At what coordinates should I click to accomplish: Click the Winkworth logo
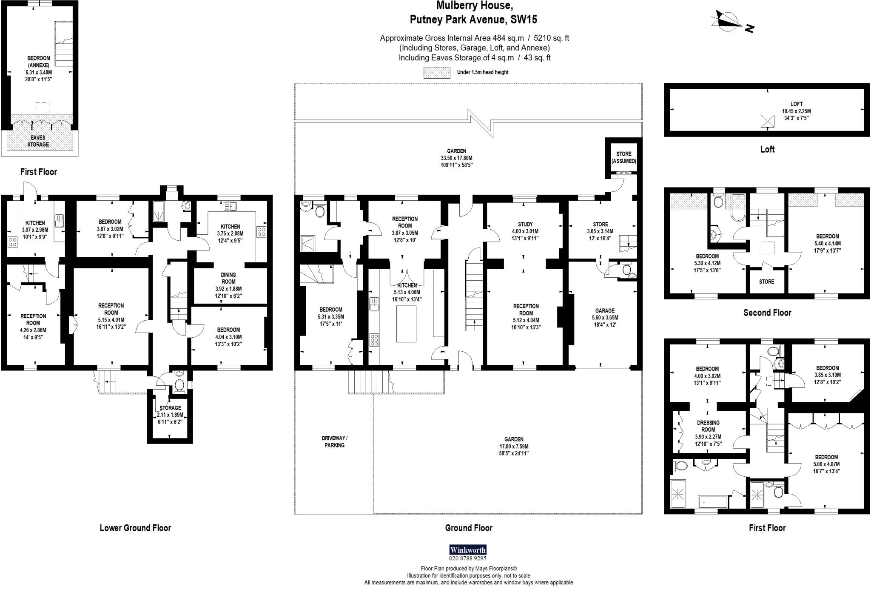468,550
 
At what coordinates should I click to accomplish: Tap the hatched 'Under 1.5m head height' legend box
437,72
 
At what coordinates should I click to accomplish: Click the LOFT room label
796,104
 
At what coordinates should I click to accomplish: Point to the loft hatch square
767,121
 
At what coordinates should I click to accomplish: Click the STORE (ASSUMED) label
623,157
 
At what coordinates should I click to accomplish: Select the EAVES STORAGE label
38,141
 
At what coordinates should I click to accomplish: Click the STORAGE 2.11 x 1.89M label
170,408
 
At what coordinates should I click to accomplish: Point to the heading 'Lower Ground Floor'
135,528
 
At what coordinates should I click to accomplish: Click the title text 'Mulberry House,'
474,6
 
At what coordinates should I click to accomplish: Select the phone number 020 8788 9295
468,558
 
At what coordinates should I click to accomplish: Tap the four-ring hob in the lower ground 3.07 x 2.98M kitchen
13,243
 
